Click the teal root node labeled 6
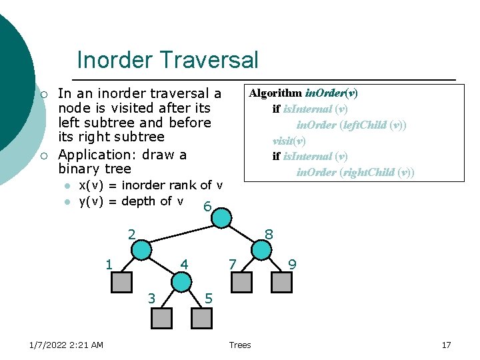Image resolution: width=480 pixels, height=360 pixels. coord(221,218)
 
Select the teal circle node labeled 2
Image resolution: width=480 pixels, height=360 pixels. coord(141,249)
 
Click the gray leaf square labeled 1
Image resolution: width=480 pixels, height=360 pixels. coord(121,283)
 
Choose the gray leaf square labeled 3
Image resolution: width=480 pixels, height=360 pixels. coord(161,318)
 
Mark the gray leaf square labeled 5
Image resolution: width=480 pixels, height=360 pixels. coord(201,318)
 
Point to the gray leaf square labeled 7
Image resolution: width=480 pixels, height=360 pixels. coord(241,283)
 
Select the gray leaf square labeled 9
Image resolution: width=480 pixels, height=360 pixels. coord(281,283)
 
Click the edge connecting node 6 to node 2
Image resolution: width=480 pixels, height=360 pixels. coord(181,233)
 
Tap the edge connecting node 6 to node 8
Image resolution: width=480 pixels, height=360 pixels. coord(241,233)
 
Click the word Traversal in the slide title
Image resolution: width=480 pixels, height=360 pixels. coord(213,60)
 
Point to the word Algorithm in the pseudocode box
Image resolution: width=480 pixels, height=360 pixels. coord(275,93)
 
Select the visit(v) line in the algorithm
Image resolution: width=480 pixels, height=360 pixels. coord(289,141)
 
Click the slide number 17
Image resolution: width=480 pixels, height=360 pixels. coord(447,345)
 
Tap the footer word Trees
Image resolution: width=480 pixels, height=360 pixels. coord(240,345)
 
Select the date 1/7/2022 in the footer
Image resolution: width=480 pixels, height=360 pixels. coord(51,345)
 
